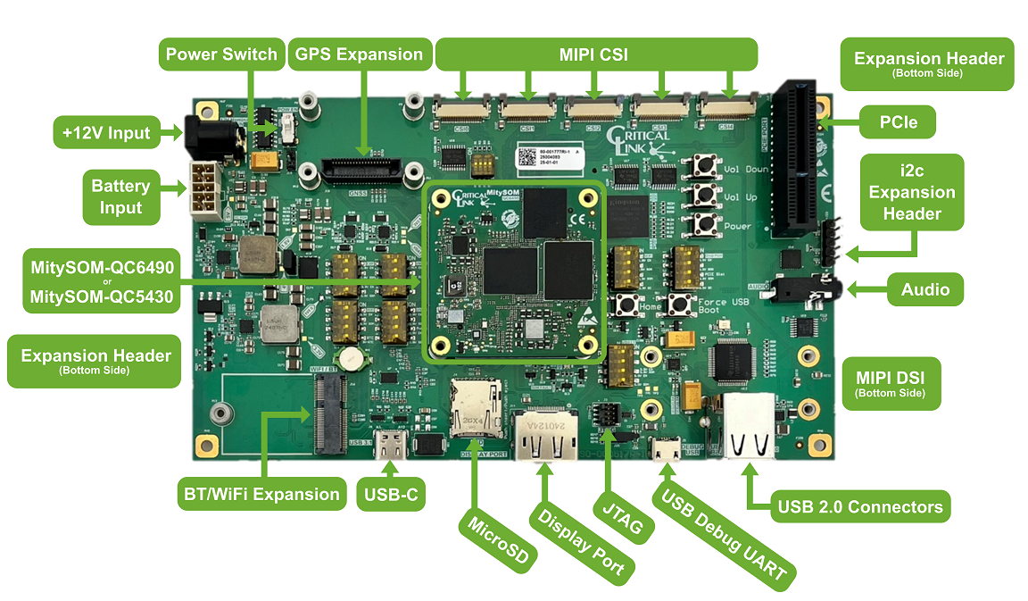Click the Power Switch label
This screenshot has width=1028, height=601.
[x=221, y=54]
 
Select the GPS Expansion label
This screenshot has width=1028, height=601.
[x=358, y=54]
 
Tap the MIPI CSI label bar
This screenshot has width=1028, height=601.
[x=595, y=54]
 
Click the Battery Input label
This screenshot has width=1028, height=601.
[x=121, y=196]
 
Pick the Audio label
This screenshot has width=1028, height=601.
[x=924, y=288]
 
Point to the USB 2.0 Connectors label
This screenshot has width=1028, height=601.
[x=859, y=506]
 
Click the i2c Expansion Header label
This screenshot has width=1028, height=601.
[x=911, y=191]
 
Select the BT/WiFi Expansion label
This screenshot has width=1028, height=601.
[x=260, y=494]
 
